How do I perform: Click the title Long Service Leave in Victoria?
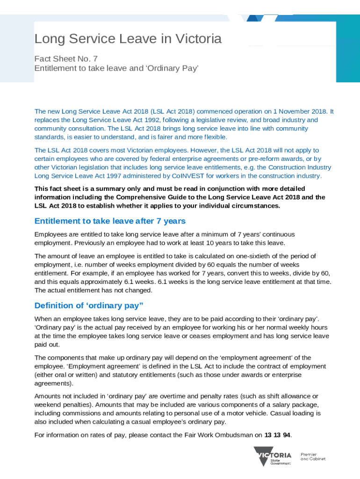click(128, 39)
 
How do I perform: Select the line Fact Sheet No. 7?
click(66, 59)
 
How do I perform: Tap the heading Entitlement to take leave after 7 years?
click(110, 221)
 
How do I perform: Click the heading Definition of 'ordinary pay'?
click(89, 305)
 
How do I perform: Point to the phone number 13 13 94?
click(277, 435)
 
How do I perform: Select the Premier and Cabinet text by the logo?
click(313, 457)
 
